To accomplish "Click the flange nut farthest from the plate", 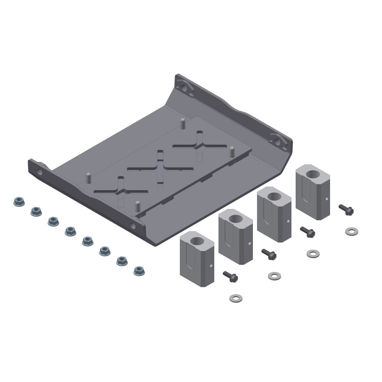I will point(19,202).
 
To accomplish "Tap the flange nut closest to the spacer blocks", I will point(139,271).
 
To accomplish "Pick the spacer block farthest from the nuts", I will point(312,191).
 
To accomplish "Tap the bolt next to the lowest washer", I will point(230,276).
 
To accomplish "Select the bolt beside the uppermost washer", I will point(346,209).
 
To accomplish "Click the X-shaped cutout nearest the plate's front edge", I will point(121,190).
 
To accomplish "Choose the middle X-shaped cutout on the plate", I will point(160,168).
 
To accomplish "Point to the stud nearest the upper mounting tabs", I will point(183,123).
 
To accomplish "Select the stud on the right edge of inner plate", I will point(231,152).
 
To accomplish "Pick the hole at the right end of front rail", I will point(133,226).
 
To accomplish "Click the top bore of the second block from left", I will point(236,219).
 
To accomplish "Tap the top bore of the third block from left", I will point(274,196).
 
